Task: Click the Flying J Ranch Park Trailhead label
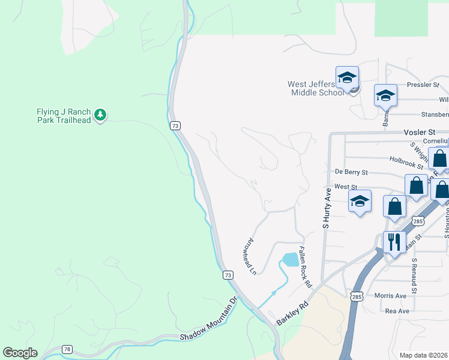[x=63, y=116]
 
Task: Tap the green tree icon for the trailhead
[x=101, y=114]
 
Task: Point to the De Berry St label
[x=351, y=172]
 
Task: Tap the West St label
[x=346, y=187]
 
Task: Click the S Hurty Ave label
[x=327, y=208]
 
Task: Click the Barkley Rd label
[x=292, y=313]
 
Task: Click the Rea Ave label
[x=397, y=311]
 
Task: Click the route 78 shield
[x=66, y=349]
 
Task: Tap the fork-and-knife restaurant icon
[x=394, y=242]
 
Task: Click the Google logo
[x=20, y=353]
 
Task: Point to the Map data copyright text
[x=423, y=355]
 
